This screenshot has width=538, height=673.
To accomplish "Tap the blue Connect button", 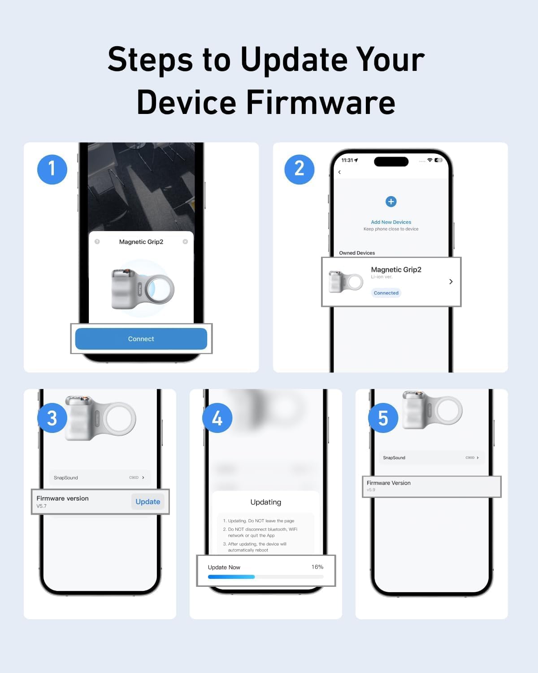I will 141,339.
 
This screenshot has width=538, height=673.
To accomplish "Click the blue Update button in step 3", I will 148,502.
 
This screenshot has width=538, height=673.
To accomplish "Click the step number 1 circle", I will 52,169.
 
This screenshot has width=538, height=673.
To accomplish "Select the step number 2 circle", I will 299,169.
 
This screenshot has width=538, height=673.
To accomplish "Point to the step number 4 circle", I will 217,418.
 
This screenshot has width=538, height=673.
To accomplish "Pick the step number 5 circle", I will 383,418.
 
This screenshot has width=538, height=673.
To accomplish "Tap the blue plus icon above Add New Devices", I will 391,201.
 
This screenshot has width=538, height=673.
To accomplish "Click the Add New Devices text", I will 391,222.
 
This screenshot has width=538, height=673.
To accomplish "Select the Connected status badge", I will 386,293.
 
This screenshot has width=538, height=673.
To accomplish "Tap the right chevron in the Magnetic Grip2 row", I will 451,282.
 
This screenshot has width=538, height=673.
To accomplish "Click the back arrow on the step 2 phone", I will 339,172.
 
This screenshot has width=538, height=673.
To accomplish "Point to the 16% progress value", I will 317,567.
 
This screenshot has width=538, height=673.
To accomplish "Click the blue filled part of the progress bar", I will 231,577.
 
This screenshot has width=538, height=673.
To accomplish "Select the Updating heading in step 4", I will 266,502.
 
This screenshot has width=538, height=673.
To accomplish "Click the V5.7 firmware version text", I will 42,506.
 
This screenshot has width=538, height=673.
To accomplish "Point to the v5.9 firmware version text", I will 371,490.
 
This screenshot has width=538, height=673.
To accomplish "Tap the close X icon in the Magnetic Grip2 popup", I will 185,242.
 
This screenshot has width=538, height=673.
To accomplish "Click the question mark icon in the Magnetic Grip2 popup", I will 97,242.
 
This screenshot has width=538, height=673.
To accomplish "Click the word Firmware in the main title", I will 321,102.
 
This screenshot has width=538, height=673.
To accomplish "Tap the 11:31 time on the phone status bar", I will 348,160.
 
